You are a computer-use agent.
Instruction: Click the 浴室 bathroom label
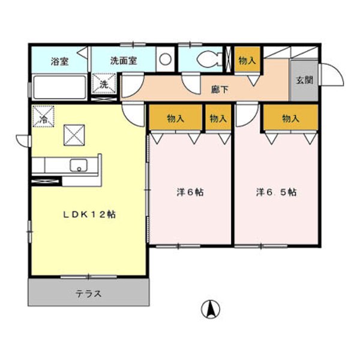coord(59,61)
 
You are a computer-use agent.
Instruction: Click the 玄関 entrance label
coord(303,80)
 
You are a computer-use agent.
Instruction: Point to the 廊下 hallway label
coord(219,90)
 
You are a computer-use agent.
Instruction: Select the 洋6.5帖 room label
coord(276,193)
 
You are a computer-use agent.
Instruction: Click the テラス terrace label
coord(88,294)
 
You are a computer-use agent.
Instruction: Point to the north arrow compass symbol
coord(210,308)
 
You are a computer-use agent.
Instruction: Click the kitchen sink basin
coord(78,165)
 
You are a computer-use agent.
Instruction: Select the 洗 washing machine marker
coord(104,85)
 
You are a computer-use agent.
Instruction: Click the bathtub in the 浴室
coord(59,87)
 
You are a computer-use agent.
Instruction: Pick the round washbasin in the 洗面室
coord(165,59)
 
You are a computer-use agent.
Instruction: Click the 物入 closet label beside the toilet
coord(247,61)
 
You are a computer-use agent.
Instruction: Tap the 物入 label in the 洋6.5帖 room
coord(290,119)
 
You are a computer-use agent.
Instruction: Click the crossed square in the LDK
coord(74,134)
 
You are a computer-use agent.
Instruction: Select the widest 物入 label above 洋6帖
coord(176,119)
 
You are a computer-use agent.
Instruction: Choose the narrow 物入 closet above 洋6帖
coord(218,119)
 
